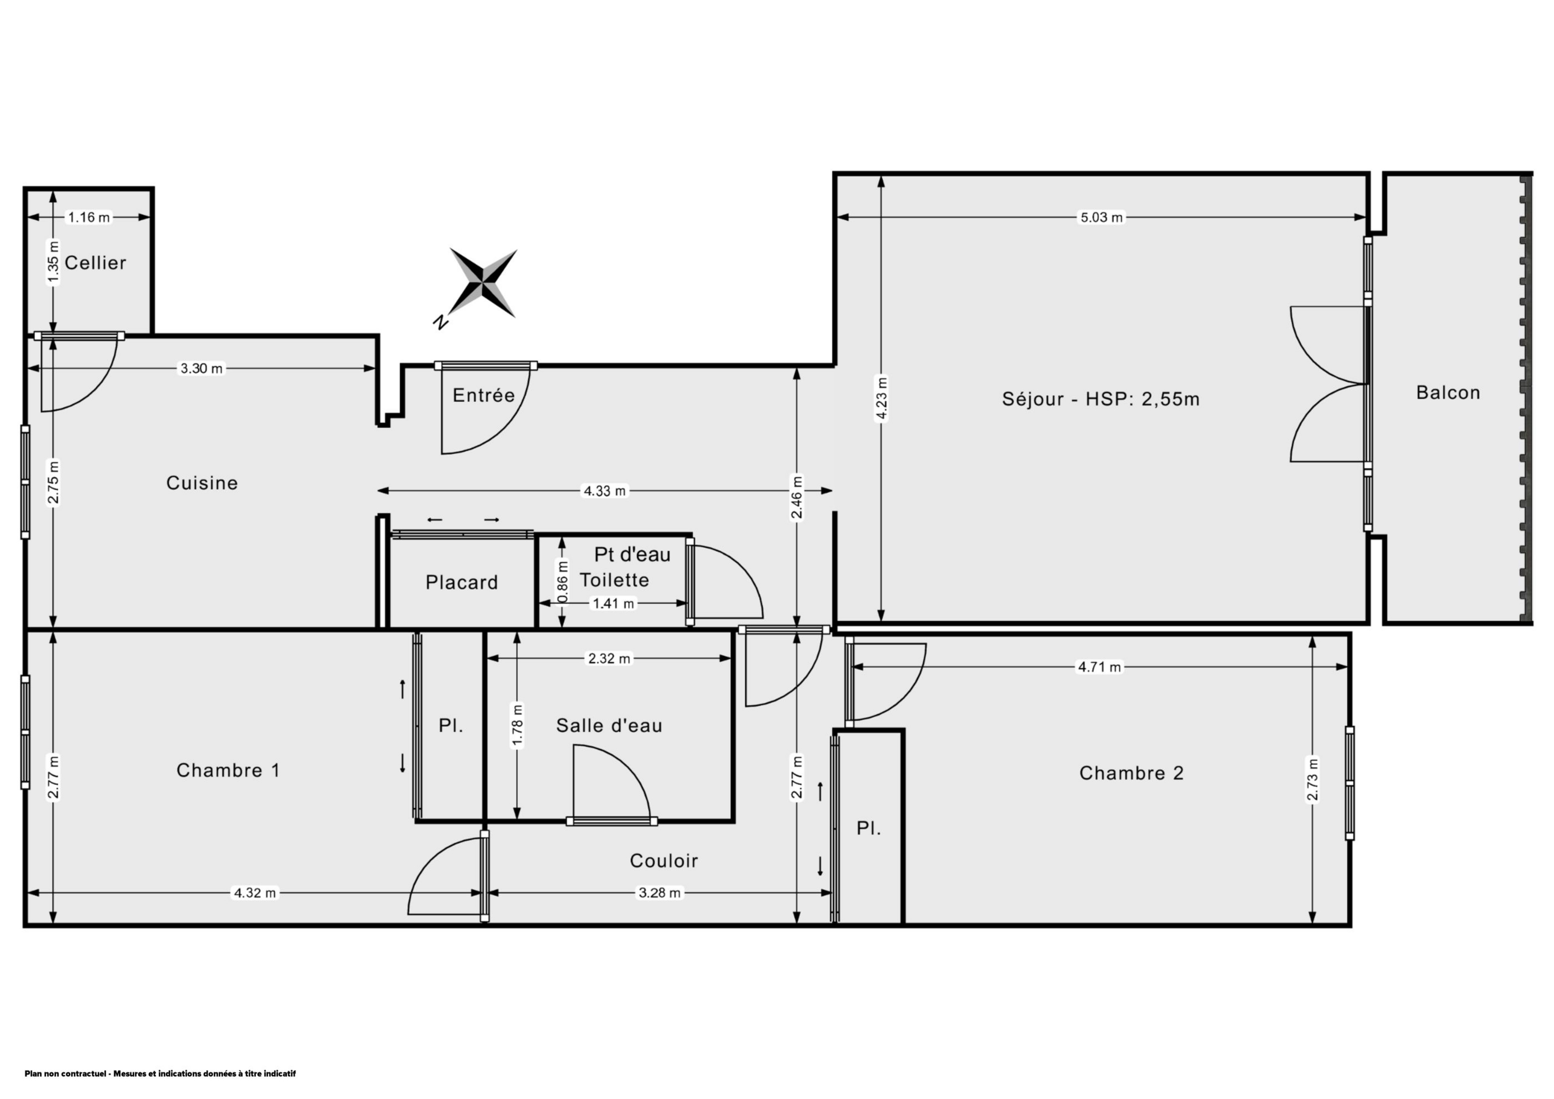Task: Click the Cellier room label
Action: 96,263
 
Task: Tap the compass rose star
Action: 483,283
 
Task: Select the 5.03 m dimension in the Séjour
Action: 1101,217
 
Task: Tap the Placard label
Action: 461,582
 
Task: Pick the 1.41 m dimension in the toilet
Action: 613,603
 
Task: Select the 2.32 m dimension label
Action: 609,659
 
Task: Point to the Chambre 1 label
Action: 228,770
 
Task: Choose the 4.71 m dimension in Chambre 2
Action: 1099,667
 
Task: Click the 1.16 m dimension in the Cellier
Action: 89,217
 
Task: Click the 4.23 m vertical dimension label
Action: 881,399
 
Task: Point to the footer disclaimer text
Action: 160,1073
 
